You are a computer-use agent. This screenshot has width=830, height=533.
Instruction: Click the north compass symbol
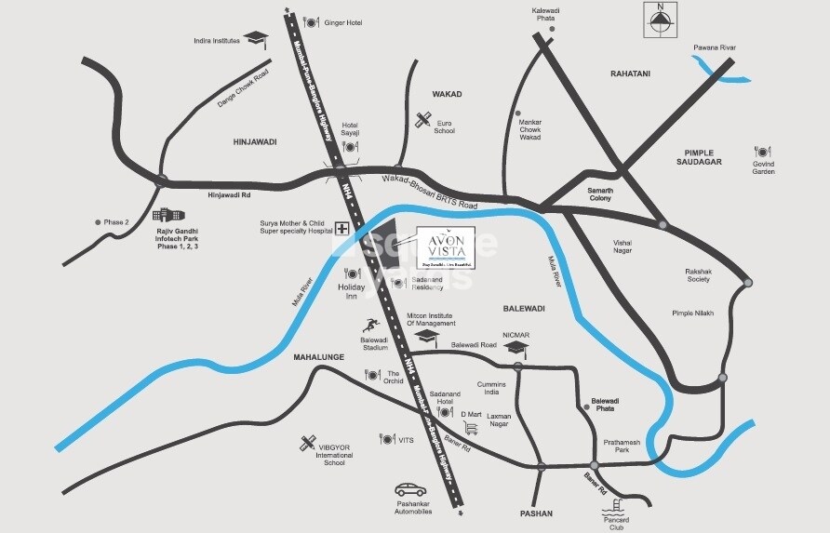pyautogui.click(x=661, y=20)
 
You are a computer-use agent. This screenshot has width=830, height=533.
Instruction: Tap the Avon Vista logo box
pyautogui.click(x=445, y=248)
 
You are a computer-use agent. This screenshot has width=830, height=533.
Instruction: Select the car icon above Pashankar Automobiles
pyautogui.click(x=410, y=489)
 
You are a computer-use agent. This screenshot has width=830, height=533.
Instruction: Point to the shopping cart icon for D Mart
pyautogui.click(x=471, y=428)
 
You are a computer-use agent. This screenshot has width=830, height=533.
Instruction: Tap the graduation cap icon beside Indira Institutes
pyautogui.click(x=256, y=40)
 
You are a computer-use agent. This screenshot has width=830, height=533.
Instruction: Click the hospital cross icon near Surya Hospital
pyautogui.click(x=341, y=229)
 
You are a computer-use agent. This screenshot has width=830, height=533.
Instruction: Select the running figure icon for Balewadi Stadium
pyautogui.click(x=371, y=326)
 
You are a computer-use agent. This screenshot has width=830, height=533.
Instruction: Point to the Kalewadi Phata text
pyautogui.click(x=552, y=14)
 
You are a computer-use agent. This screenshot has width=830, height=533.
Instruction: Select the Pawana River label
pyautogui.click(x=714, y=47)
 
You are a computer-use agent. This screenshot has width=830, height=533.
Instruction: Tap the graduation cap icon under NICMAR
pyautogui.click(x=515, y=348)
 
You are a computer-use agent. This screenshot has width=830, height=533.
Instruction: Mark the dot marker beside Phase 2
pyautogui.click(x=98, y=222)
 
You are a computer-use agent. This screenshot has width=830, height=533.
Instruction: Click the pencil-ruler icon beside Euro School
pyautogui.click(x=423, y=120)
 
